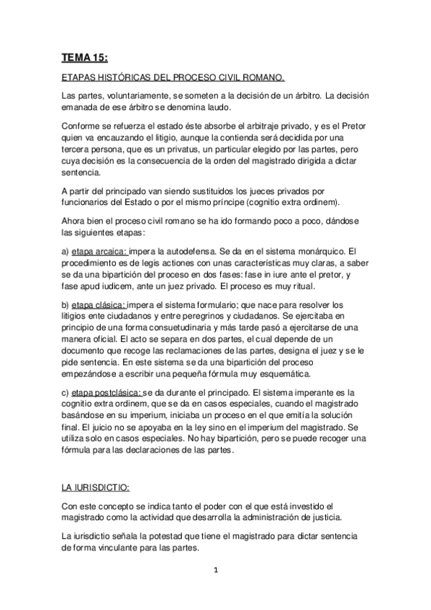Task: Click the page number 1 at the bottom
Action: (216, 573)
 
